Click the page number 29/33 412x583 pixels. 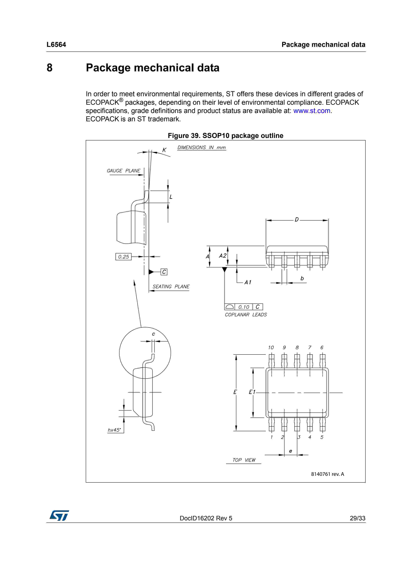tap(357, 518)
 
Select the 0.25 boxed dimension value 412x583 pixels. tap(123, 257)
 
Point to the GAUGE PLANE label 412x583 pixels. tap(123, 171)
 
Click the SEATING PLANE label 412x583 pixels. tap(171, 286)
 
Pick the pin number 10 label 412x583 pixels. tap(271, 347)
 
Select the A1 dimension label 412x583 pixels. tap(248, 282)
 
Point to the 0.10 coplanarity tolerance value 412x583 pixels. tap(244, 307)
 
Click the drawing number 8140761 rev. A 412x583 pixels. tap(327, 474)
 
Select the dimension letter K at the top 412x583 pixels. tap(164, 150)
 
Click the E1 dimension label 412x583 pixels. tap(252, 392)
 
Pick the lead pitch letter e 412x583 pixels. tap(290, 451)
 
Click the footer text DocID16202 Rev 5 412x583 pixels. tap(206, 518)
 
